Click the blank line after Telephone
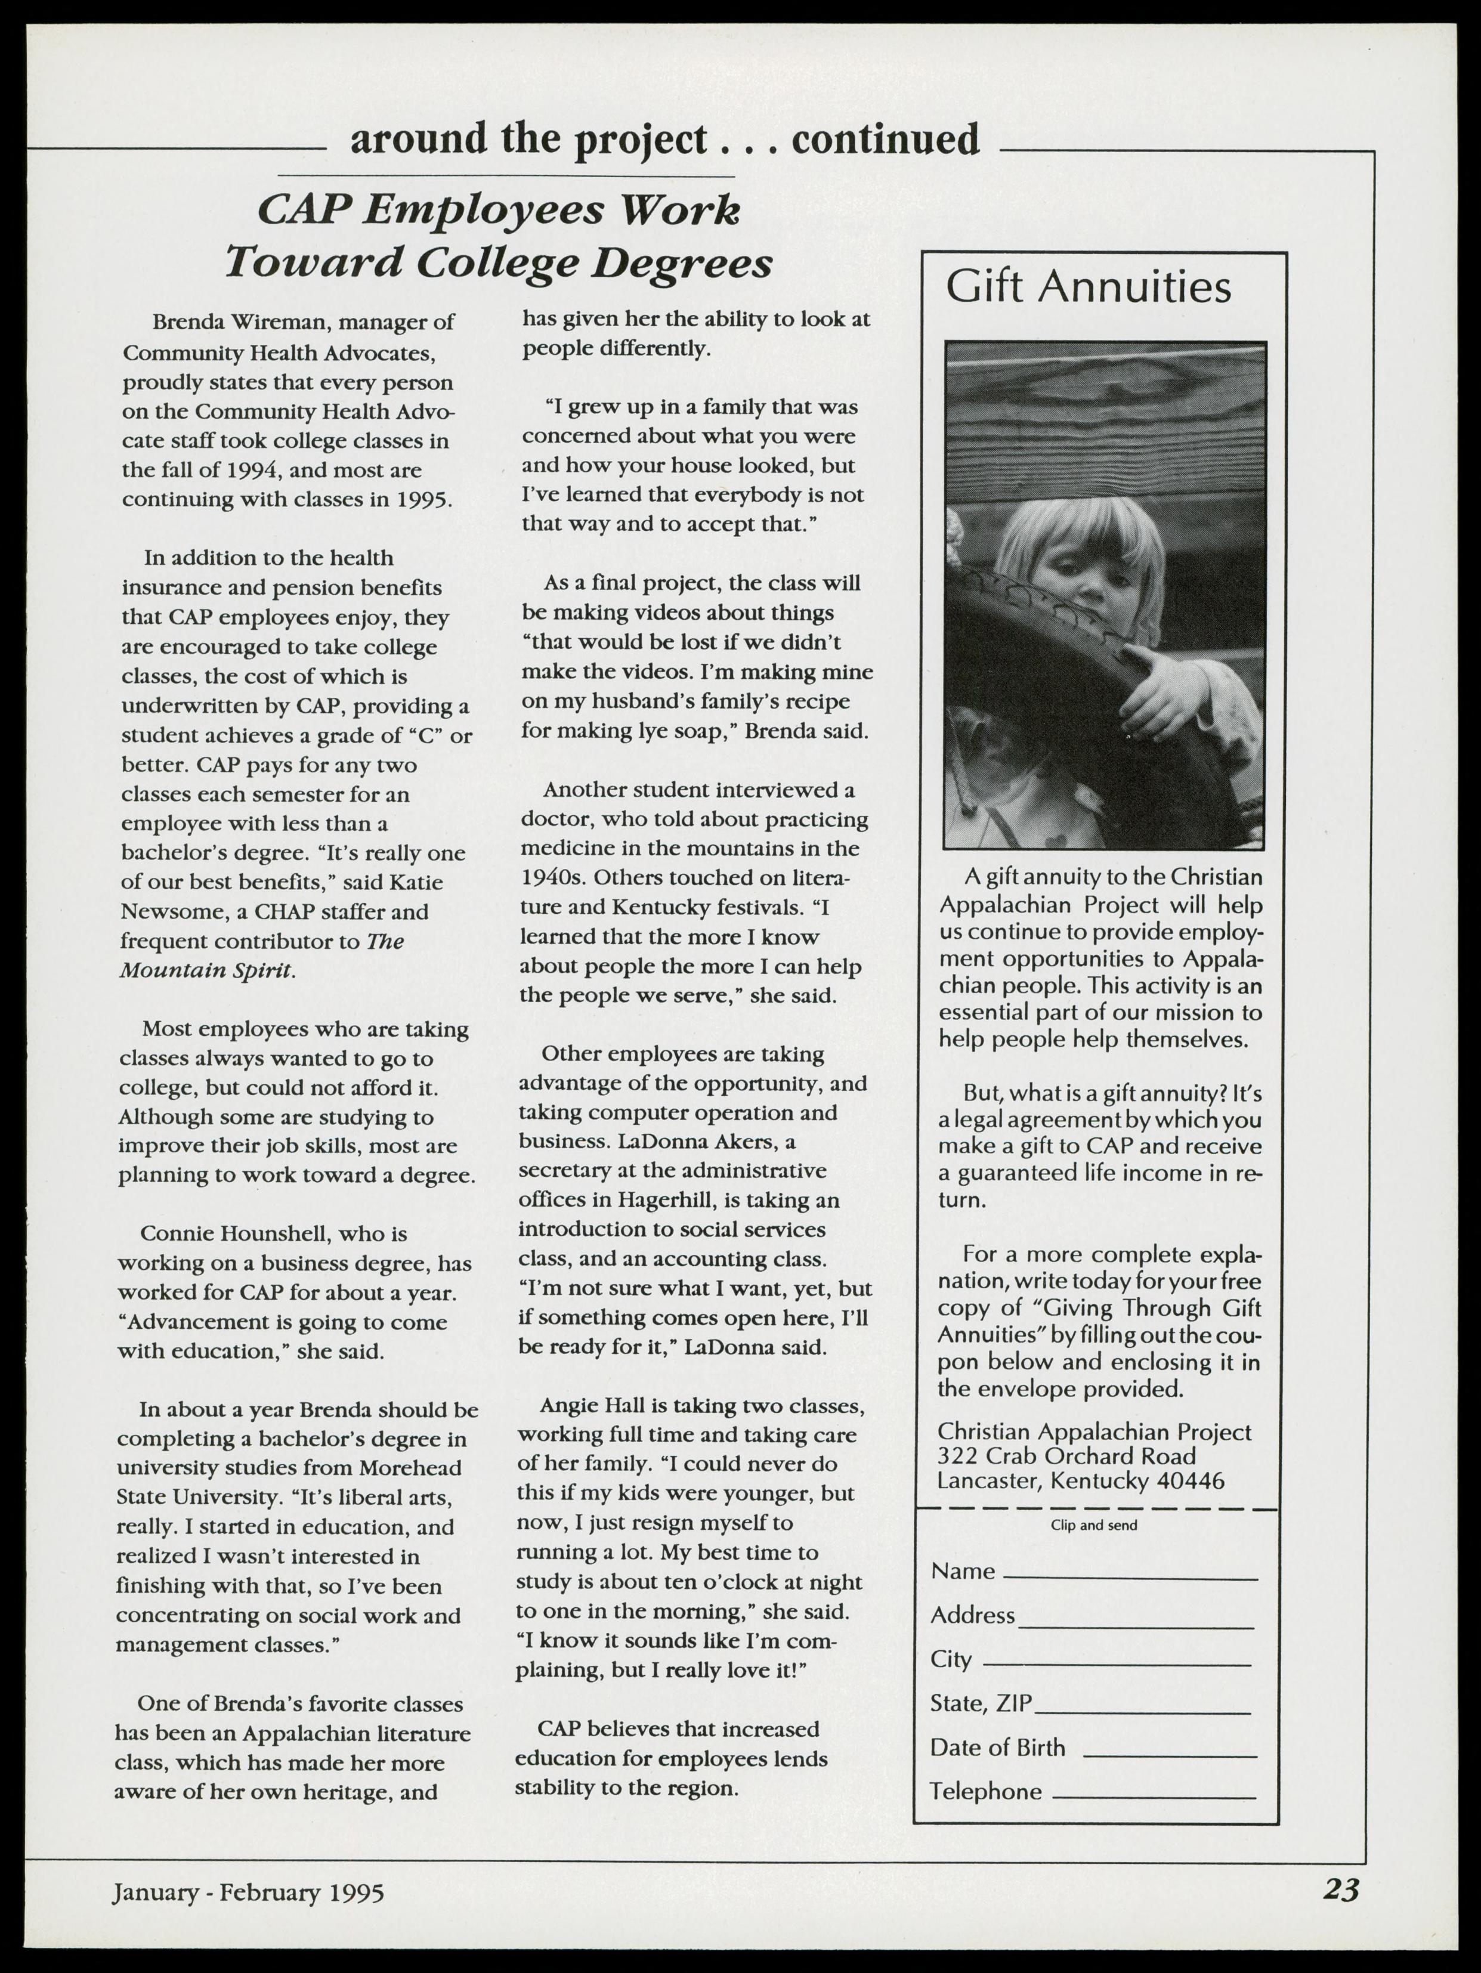1155,1795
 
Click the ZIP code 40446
1190,1480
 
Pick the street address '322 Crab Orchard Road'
1066,1456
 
